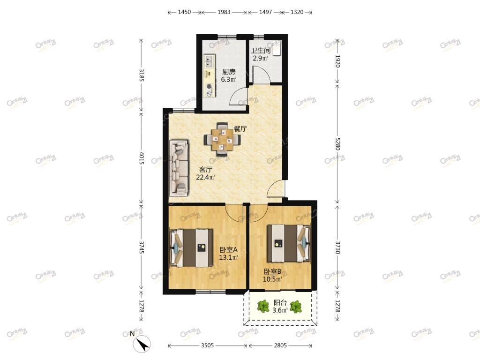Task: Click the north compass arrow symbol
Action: point(142,344)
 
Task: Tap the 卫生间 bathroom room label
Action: point(261,50)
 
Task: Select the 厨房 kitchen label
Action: point(229,72)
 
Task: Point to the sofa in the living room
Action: point(179,168)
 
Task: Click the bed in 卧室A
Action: point(191,247)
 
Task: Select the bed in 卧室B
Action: point(289,243)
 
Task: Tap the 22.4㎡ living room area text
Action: point(205,177)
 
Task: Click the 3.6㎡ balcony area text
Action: point(280,310)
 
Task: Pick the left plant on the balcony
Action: point(263,307)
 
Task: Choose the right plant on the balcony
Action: point(296,307)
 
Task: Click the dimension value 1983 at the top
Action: point(224,12)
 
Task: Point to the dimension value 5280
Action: point(337,143)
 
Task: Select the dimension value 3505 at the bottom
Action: point(207,345)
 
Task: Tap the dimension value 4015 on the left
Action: point(142,158)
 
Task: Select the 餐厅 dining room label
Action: point(240,129)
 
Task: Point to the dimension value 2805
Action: point(280,345)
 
